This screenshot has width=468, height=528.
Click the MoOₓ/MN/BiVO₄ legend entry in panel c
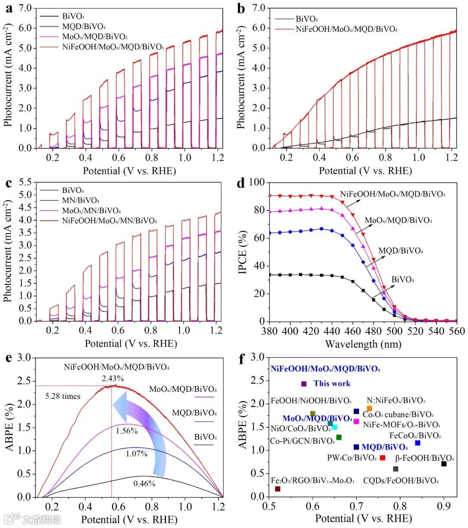point(91,211)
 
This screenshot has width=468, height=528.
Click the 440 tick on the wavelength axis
point(332,332)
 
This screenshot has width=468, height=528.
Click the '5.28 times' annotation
point(63,396)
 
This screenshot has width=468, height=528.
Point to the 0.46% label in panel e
point(144,483)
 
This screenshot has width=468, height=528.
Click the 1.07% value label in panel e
point(137,454)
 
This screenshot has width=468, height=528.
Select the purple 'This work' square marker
point(304,384)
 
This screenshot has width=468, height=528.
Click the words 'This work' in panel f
point(332,384)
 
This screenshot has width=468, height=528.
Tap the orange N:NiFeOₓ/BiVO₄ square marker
point(369,408)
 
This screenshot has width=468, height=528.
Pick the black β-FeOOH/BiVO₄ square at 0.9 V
point(444,464)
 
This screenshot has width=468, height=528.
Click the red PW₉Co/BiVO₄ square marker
point(382,458)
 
